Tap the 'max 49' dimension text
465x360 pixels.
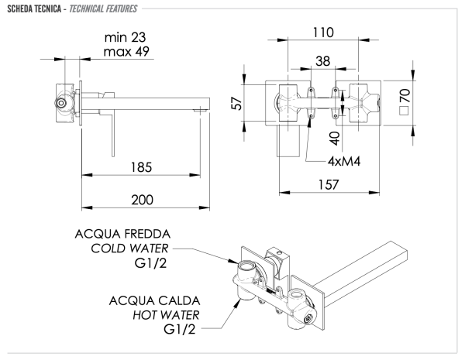[127, 52]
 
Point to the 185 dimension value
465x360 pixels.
[141, 167]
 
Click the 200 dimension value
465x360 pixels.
[141, 199]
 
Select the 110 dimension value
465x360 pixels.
[324, 33]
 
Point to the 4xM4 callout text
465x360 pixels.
[347, 162]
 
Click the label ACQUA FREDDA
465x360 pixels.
[123, 234]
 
